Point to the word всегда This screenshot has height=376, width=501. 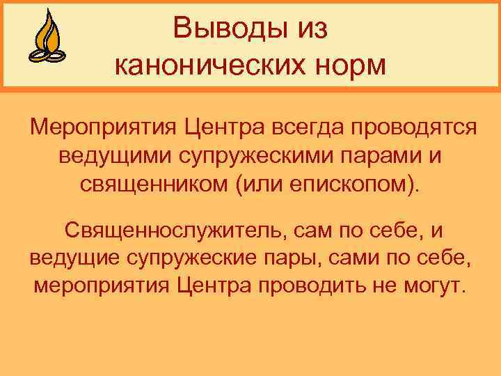303,128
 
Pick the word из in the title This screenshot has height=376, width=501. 311,29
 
